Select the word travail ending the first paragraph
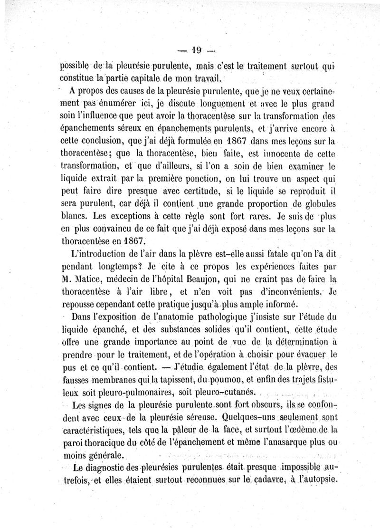[x=203, y=78]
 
